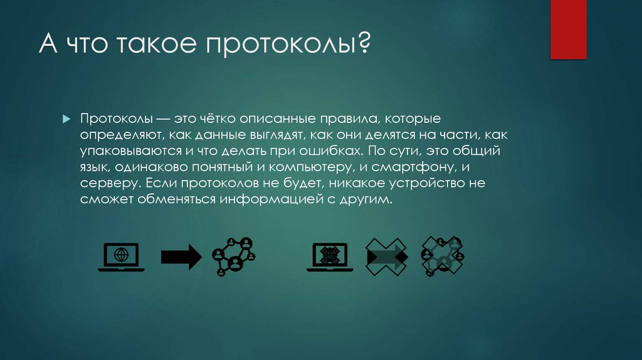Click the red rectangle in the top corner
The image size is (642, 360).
(x=568, y=29)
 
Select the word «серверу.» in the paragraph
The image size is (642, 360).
(x=109, y=184)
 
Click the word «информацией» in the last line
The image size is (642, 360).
(x=266, y=200)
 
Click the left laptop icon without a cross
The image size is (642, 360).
(x=121, y=257)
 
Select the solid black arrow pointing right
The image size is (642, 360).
(x=181, y=257)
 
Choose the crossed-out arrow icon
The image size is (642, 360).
(x=386, y=257)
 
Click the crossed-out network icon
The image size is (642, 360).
(x=443, y=255)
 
